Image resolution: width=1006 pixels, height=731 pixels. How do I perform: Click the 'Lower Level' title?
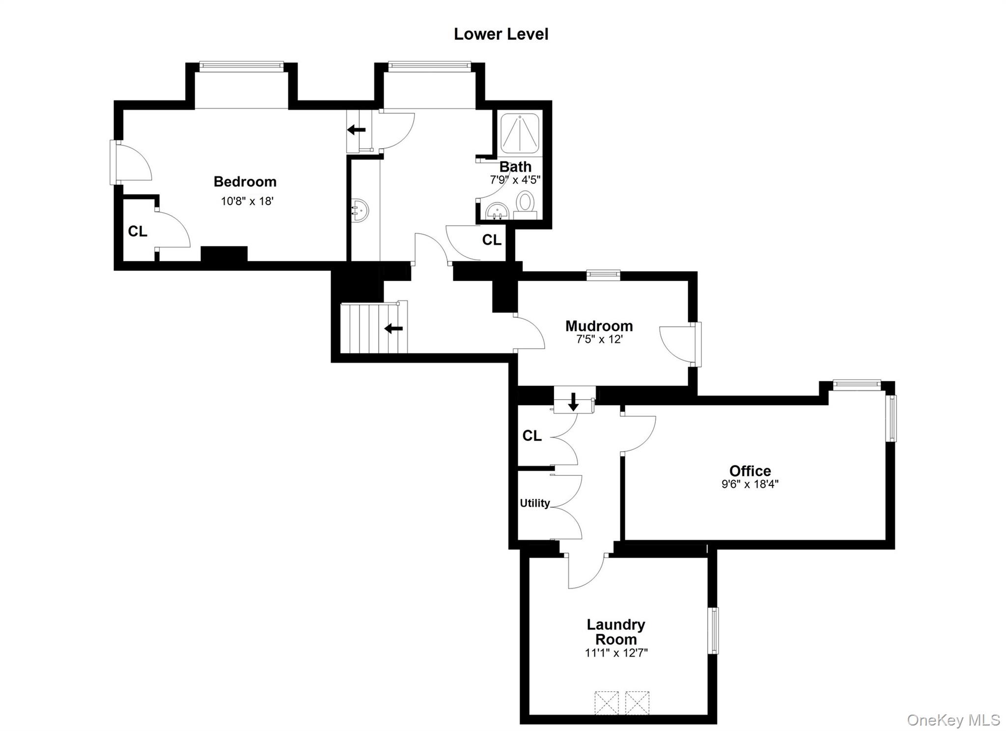click(x=501, y=34)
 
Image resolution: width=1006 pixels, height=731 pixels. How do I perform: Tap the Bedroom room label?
click(x=245, y=182)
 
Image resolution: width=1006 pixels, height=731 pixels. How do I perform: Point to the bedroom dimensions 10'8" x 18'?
click(x=247, y=201)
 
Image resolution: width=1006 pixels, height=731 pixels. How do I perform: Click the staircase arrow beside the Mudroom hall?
click(x=393, y=328)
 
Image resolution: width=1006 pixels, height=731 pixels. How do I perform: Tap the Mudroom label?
click(x=599, y=326)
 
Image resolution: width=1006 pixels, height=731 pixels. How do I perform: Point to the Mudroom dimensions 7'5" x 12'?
click(x=599, y=339)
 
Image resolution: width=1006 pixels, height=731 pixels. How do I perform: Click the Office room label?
click(x=750, y=471)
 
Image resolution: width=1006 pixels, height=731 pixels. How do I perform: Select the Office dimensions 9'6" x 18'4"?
click(x=750, y=484)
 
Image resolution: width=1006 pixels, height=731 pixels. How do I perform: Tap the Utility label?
click(x=534, y=503)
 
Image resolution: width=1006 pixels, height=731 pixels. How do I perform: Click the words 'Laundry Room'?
click(x=615, y=632)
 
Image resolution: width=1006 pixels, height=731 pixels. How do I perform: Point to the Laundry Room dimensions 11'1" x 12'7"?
click(x=616, y=653)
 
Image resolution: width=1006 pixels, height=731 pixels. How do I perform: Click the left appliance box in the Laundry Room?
click(x=606, y=703)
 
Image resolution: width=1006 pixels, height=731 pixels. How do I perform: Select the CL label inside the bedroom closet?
click(x=138, y=231)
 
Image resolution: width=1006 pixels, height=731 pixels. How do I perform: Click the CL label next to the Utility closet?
click(x=532, y=435)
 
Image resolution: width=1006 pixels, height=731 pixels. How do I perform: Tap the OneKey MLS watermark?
click(x=953, y=720)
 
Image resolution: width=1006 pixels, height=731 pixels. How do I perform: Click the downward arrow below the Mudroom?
click(x=573, y=402)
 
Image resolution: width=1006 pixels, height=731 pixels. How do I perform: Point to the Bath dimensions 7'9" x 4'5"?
click(x=515, y=180)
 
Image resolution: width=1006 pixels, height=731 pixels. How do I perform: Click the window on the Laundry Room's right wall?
click(x=713, y=630)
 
